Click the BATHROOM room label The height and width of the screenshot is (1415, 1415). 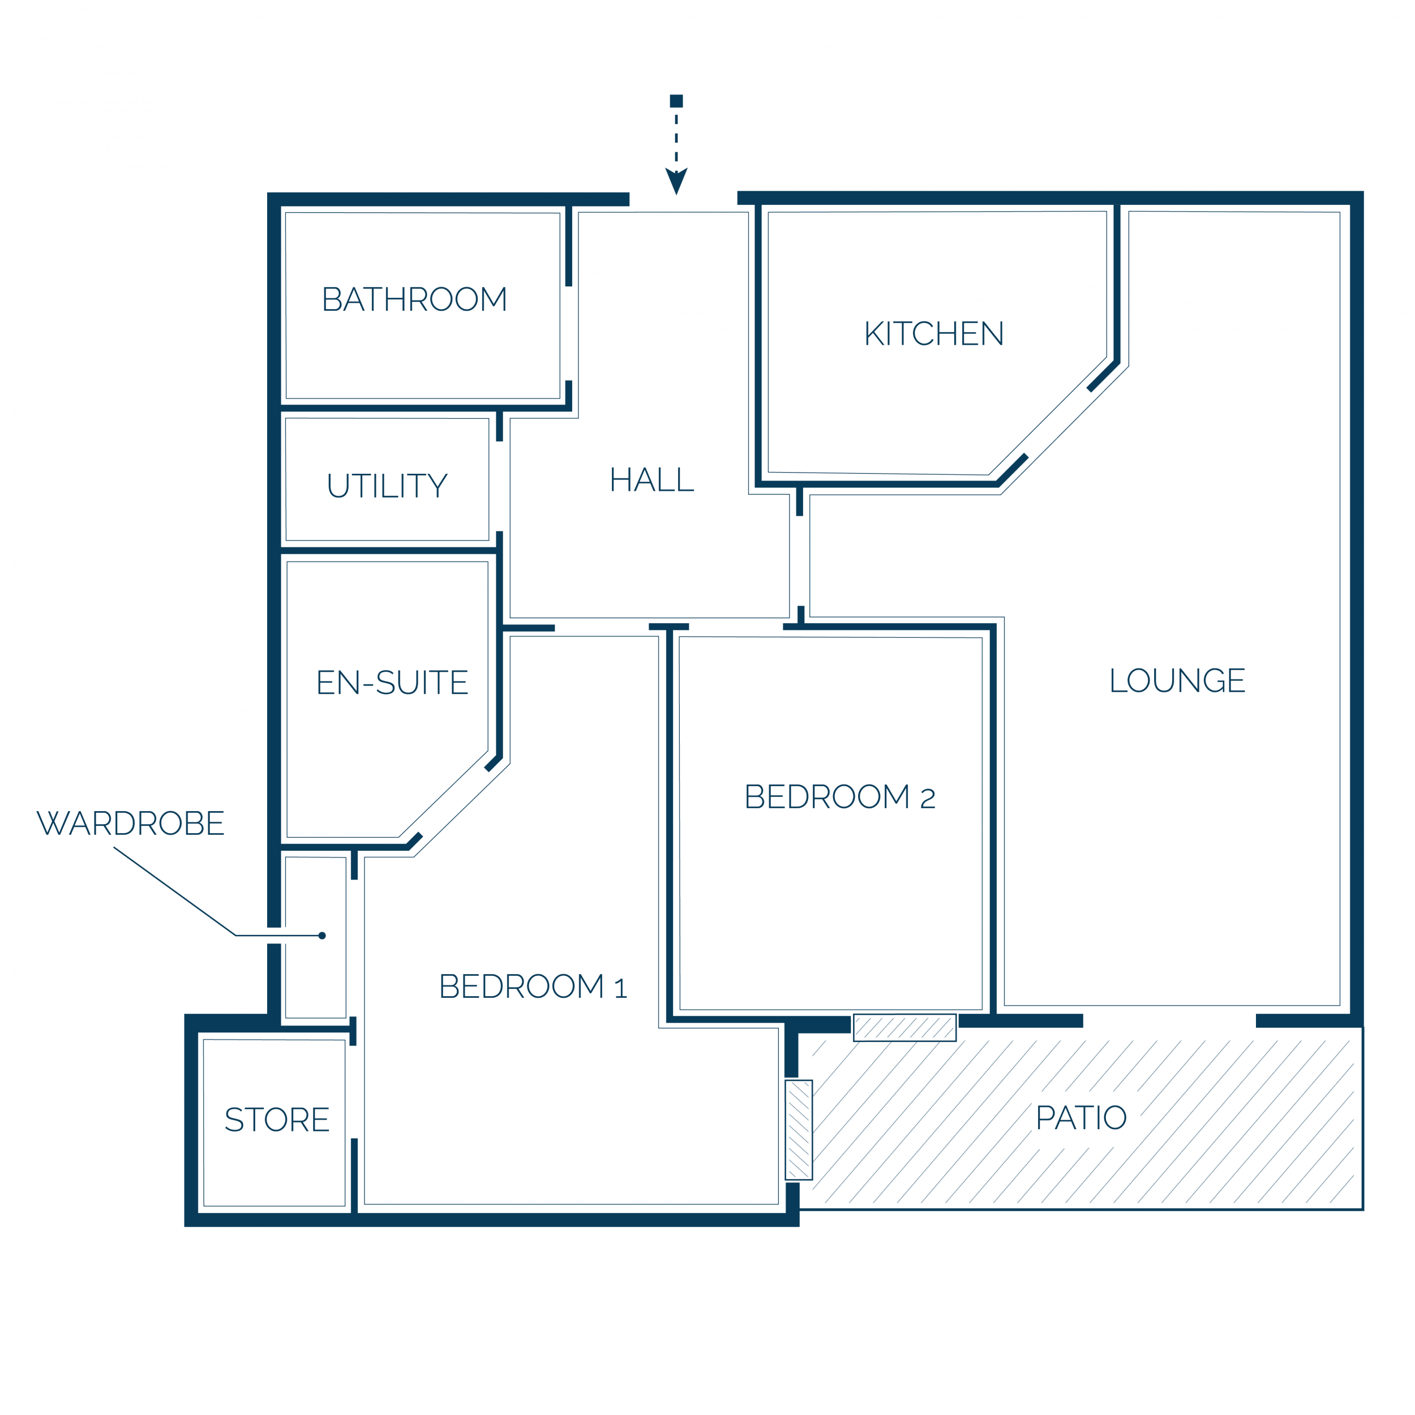(x=414, y=299)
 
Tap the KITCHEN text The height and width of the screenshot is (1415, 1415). (x=934, y=333)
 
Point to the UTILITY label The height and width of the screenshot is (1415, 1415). (x=388, y=486)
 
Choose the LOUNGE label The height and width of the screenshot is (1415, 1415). (x=1177, y=680)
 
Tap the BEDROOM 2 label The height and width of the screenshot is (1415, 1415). (x=840, y=797)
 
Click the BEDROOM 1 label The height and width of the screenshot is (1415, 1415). (x=533, y=987)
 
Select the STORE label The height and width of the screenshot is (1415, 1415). (x=277, y=1120)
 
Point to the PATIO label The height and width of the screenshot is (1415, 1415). (x=1081, y=1118)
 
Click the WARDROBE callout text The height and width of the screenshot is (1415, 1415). (x=130, y=823)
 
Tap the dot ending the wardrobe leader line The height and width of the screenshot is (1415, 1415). (x=322, y=935)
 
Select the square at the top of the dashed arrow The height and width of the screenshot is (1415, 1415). (x=676, y=101)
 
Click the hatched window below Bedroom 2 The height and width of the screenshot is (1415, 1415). (x=904, y=1027)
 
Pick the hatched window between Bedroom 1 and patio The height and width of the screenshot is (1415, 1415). (x=798, y=1130)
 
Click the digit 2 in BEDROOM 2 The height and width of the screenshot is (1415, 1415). (x=928, y=798)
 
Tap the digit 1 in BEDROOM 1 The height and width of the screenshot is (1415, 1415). (x=621, y=989)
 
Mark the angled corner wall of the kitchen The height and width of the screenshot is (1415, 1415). (x=1057, y=423)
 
